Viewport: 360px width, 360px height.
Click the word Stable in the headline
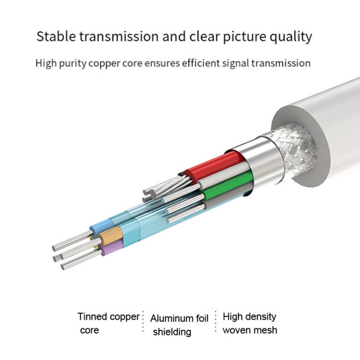tap(56, 36)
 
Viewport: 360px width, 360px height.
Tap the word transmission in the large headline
tap(119, 36)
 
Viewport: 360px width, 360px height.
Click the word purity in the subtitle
tap(73, 63)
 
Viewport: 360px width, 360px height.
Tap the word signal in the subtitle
tap(236, 63)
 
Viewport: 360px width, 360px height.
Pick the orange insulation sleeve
tap(110, 235)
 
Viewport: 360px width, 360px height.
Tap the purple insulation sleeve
tap(111, 247)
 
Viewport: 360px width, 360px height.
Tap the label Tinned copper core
tap(108, 323)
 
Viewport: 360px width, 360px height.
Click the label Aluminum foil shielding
tap(180, 325)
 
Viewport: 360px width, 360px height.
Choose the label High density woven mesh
tap(250, 323)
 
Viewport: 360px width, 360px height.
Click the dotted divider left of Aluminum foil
tap(143, 322)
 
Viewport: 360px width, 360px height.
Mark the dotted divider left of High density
tap(216, 322)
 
